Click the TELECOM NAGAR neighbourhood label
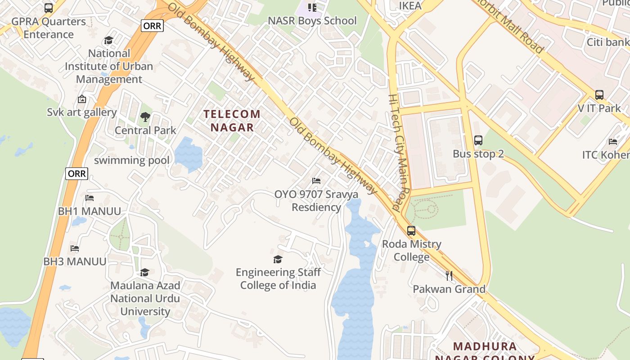click(232, 121)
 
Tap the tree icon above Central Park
click(145, 117)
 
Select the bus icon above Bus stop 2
click(478, 140)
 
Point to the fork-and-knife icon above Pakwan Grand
click(449, 275)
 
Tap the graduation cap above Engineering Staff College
click(278, 259)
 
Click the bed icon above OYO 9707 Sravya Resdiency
click(316, 181)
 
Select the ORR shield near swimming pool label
click(76, 173)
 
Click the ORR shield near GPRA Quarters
click(152, 26)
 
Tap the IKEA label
click(410, 6)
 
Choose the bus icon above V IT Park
click(599, 95)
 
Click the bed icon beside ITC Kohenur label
click(612, 142)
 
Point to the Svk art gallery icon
click(81, 99)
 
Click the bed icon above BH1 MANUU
click(89, 198)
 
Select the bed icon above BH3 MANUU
click(75, 248)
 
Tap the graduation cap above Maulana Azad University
click(144, 272)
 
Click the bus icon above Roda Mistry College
click(411, 231)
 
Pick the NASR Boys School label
click(312, 21)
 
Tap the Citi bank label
click(607, 42)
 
